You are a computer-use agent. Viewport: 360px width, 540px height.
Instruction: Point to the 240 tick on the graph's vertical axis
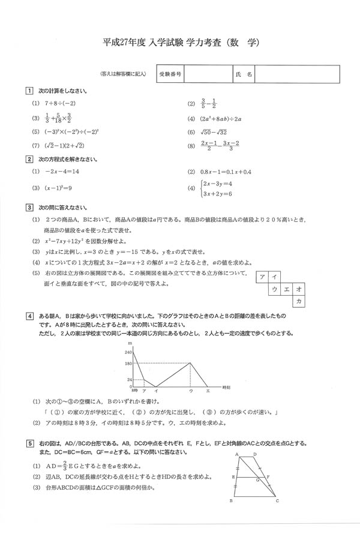tap(128, 351)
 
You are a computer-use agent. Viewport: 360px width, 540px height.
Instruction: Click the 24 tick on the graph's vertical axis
tap(128, 380)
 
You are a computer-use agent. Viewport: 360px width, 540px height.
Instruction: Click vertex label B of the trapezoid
tap(231, 502)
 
